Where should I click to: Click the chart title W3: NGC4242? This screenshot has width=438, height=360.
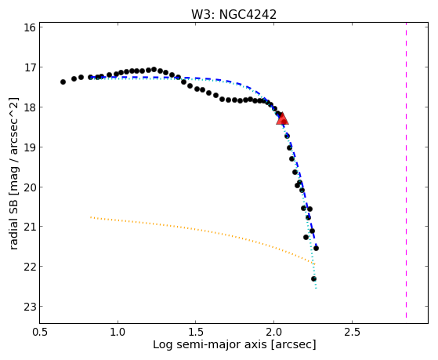[x=233, y=15]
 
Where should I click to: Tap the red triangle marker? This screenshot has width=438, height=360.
[x=282, y=118]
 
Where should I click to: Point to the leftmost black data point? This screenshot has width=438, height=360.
[x=63, y=82]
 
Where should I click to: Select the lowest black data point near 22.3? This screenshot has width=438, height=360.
[x=313, y=279]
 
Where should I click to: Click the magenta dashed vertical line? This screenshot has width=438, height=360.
[x=406, y=170]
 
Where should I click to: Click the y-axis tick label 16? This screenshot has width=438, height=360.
[x=30, y=27]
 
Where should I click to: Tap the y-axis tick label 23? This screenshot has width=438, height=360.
[x=30, y=307]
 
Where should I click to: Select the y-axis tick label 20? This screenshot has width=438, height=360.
[x=30, y=187]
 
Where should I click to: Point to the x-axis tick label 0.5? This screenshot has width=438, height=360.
[x=40, y=332]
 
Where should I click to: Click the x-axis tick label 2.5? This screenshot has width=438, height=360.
[x=352, y=332]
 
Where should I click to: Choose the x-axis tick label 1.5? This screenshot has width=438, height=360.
[x=196, y=332]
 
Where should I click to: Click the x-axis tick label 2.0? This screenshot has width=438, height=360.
[x=273, y=332]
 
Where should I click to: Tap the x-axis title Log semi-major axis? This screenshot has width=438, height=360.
[x=210, y=344]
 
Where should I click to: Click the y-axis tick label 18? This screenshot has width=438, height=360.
[x=30, y=107]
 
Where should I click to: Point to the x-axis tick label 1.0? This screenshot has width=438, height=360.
[x=118, y=332]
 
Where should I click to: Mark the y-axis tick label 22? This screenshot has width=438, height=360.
[x=30, y=267]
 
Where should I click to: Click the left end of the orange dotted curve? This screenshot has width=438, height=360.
[x=91, y=216]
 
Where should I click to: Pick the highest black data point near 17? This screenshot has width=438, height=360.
[x=154, y=69]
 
